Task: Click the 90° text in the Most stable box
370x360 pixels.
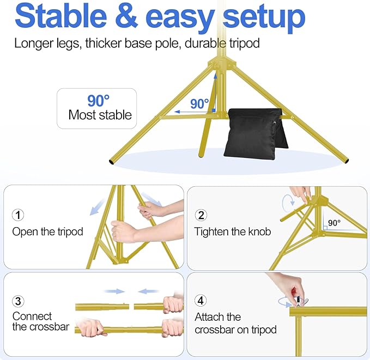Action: (99, 101)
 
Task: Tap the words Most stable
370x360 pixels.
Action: (100, 115)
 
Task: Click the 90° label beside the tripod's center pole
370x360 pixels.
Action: (199, 103)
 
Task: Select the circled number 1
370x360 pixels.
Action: (19, 215)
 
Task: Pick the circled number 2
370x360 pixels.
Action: (201, 215)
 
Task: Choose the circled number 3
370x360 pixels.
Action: (19, 301)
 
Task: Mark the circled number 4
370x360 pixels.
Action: (201, 301)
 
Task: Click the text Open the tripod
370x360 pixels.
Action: (48, 231)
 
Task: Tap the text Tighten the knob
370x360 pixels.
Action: (233, 231)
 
